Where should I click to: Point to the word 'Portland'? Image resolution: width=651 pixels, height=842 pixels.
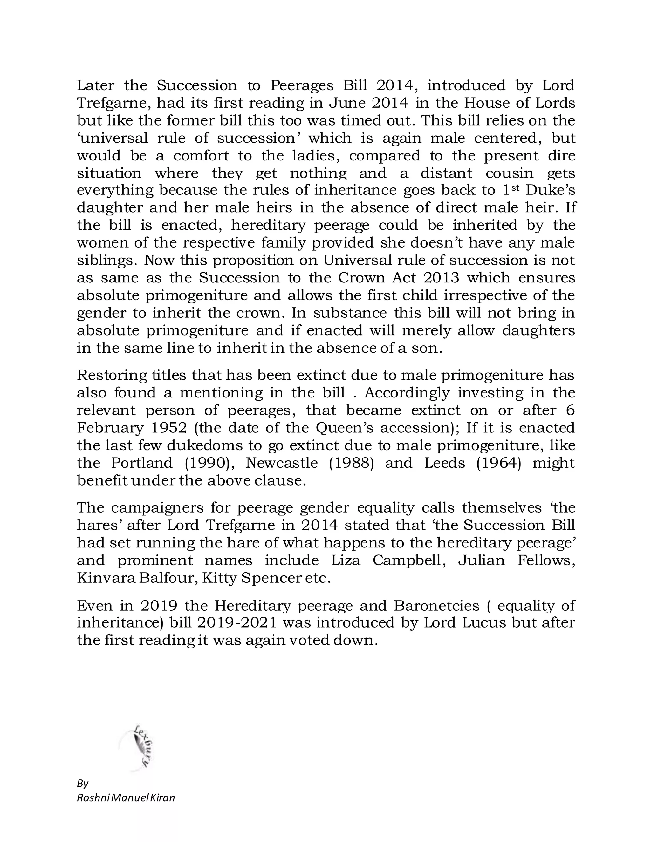(x=142, y=463)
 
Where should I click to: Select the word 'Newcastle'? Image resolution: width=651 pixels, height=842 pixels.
(x=282, y=463)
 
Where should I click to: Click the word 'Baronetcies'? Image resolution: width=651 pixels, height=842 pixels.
(x=436, y=605)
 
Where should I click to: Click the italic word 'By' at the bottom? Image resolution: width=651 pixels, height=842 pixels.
(x=83, y=784)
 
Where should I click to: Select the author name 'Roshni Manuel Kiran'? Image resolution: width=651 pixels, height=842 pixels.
(x=126, y=798)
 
